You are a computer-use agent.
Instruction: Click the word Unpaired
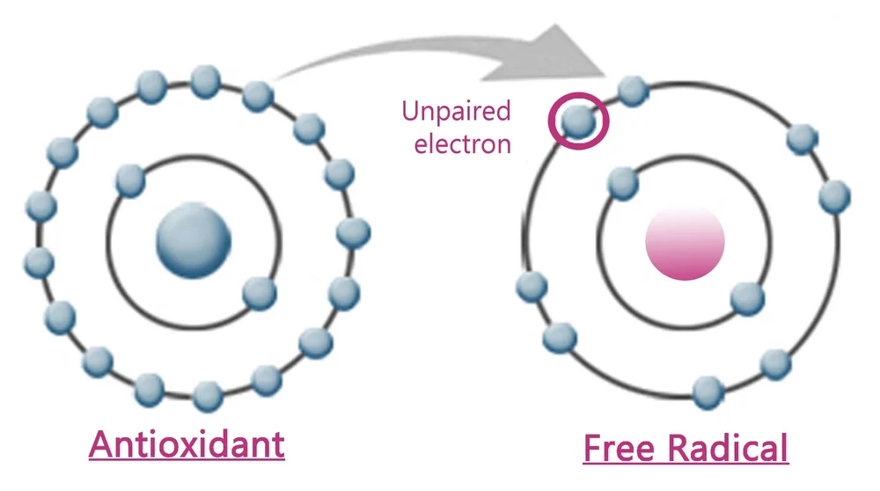click(456, 112)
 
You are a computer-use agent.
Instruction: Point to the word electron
click(463, 143)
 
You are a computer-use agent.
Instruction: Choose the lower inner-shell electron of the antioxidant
click(260, 293)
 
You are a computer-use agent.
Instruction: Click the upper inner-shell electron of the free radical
click(623, 182)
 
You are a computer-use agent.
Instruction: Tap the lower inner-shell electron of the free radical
click(746, 298)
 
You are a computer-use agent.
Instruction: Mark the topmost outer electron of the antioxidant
click(205, 81)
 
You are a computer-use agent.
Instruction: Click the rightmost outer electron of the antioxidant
click(354, 232)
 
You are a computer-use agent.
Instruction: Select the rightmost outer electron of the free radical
click(834, 196)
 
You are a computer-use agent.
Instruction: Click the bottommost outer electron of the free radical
click(709, 392)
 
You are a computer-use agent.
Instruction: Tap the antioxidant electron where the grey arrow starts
click(257, 95)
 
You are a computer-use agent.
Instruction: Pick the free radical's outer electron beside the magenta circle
click(631, 91)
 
